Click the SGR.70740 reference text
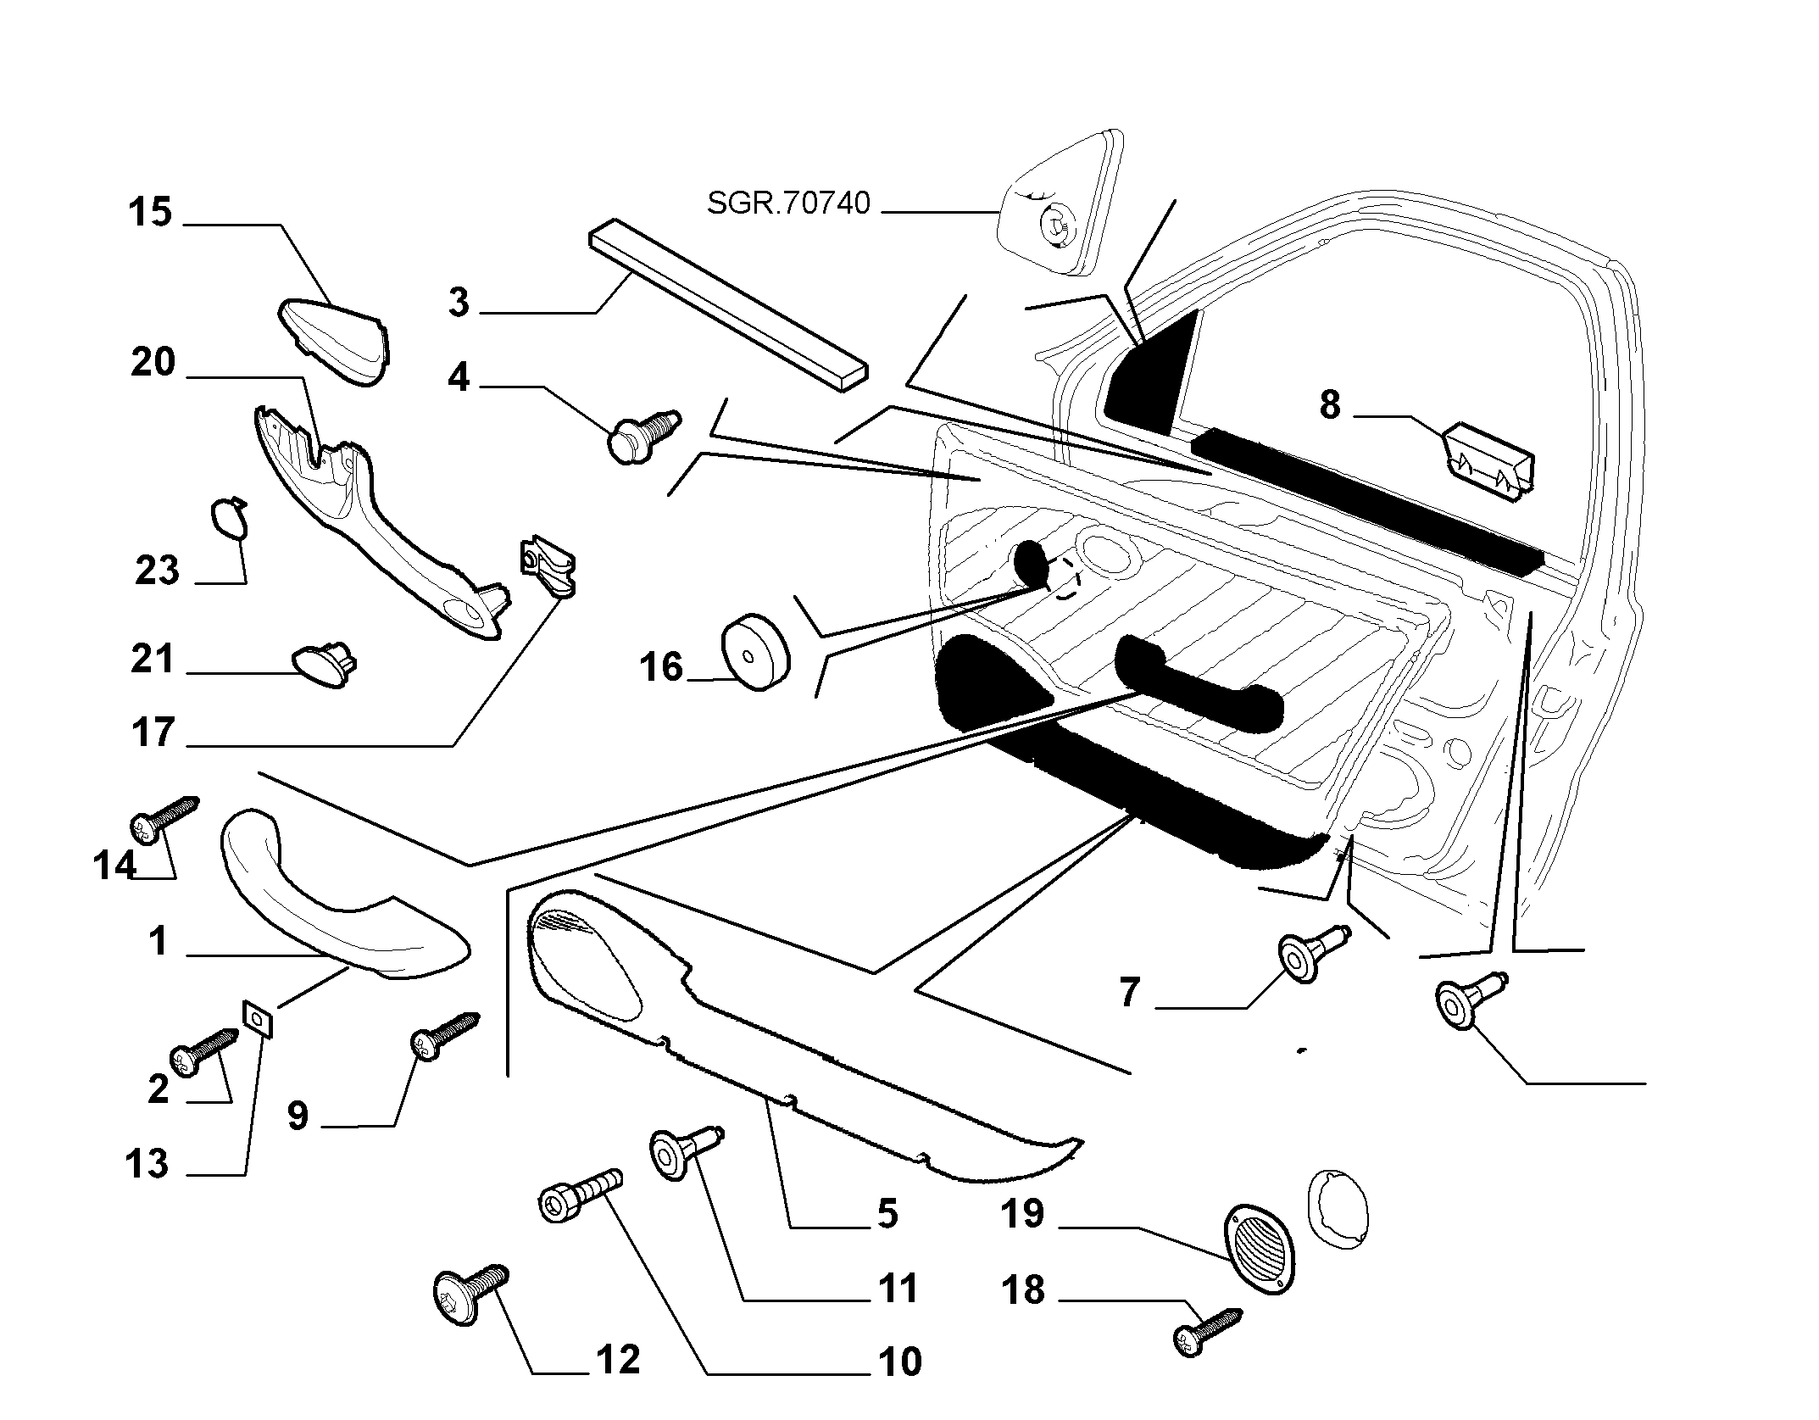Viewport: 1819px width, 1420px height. [x=788, y=203]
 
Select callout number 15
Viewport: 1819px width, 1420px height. [x=150, y=212]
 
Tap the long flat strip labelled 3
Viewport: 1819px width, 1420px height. [x=730, y=306]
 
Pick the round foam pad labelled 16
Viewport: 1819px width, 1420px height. [x=754, y=653]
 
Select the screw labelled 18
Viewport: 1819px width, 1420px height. [x=1208, y=1334]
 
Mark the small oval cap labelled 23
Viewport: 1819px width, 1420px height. [x=228, y=518]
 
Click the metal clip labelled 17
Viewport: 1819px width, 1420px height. [x=547, y=565]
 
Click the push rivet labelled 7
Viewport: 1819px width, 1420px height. [x=1313, y=954]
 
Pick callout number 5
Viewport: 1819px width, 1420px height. [x=887, y=1214]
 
